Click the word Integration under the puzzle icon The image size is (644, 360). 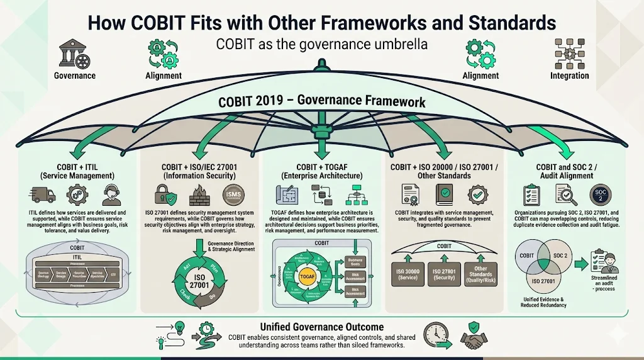tap(569, 76)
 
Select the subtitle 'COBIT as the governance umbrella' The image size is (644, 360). tap(321, 45)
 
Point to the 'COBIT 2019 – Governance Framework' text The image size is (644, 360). tap(321, 101)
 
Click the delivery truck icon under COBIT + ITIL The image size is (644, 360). tap(42, 195)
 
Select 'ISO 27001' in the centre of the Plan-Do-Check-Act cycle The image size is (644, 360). tap(199, 282)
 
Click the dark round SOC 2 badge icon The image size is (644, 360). tap(600, 195)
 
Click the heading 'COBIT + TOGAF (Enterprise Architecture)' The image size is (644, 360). tap(320, 171)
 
